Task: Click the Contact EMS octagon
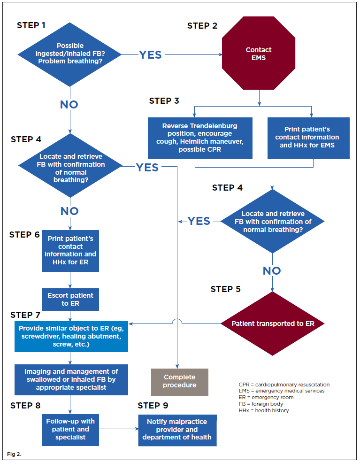(x=259, y=54)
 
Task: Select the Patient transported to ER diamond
(x=273, y=323)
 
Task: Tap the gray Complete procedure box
(x=179, y=381)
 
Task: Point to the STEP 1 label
(x=31, y=25)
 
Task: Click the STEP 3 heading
(x=164, y=101)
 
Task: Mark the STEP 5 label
(x=225, y=289)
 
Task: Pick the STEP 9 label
(x=153, y=406)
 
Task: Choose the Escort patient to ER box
(x=70, y=300)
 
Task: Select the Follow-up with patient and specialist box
(x=70, y=429)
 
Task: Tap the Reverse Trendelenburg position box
(x=200, y=138)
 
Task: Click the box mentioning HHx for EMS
(x=308, y=138)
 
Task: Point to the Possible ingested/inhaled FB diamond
(x=70, y=54)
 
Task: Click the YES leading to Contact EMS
(x=150, y=55)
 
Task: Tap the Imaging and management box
(x=70, y=380)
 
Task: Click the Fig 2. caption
(x=15, y=454)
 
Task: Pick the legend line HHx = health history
(x=264, y=410)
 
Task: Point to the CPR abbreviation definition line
(x=284, y=385)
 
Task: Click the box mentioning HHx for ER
(x=70, y=250)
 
